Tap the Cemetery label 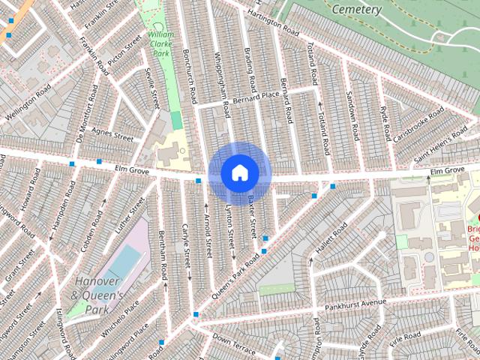358,10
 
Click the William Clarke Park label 161,44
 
